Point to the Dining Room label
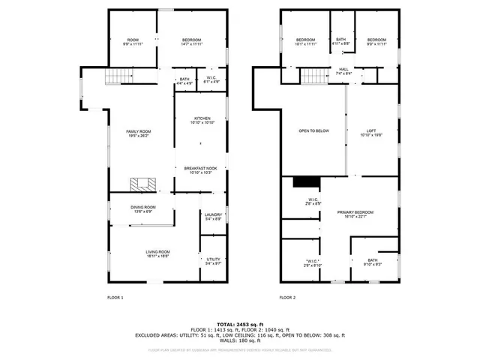[143, 208]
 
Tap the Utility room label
[214, 261]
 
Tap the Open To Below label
[313, 130]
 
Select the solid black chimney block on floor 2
[305, 181]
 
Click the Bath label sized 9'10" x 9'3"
[373, 261]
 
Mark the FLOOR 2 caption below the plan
[287, 298]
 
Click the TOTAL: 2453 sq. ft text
[239, 324]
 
